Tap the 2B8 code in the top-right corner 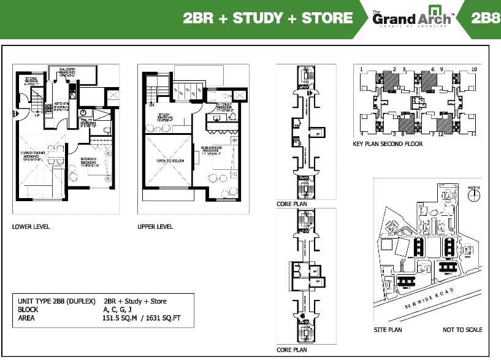[x=486, y=18]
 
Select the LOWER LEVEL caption [x=31, y=226]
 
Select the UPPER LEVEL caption [x=155, y=226]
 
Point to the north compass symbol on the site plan [x=473, y=195]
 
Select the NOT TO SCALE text [x=462, y=330]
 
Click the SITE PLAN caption [x=388, y=330]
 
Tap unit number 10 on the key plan [x=474, y=69]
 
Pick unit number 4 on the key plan [x=362, y=133]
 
